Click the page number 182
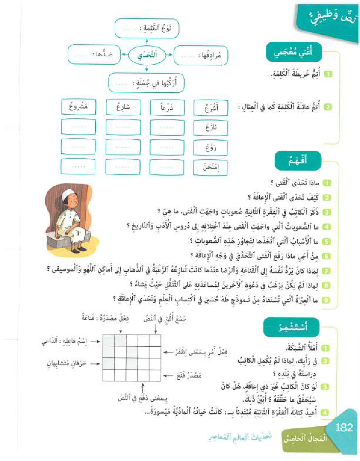[343, 427]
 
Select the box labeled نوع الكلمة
[146, 29]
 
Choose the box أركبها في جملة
[147, 82]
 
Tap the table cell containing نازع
[210, 126]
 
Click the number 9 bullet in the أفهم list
[326, 300]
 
